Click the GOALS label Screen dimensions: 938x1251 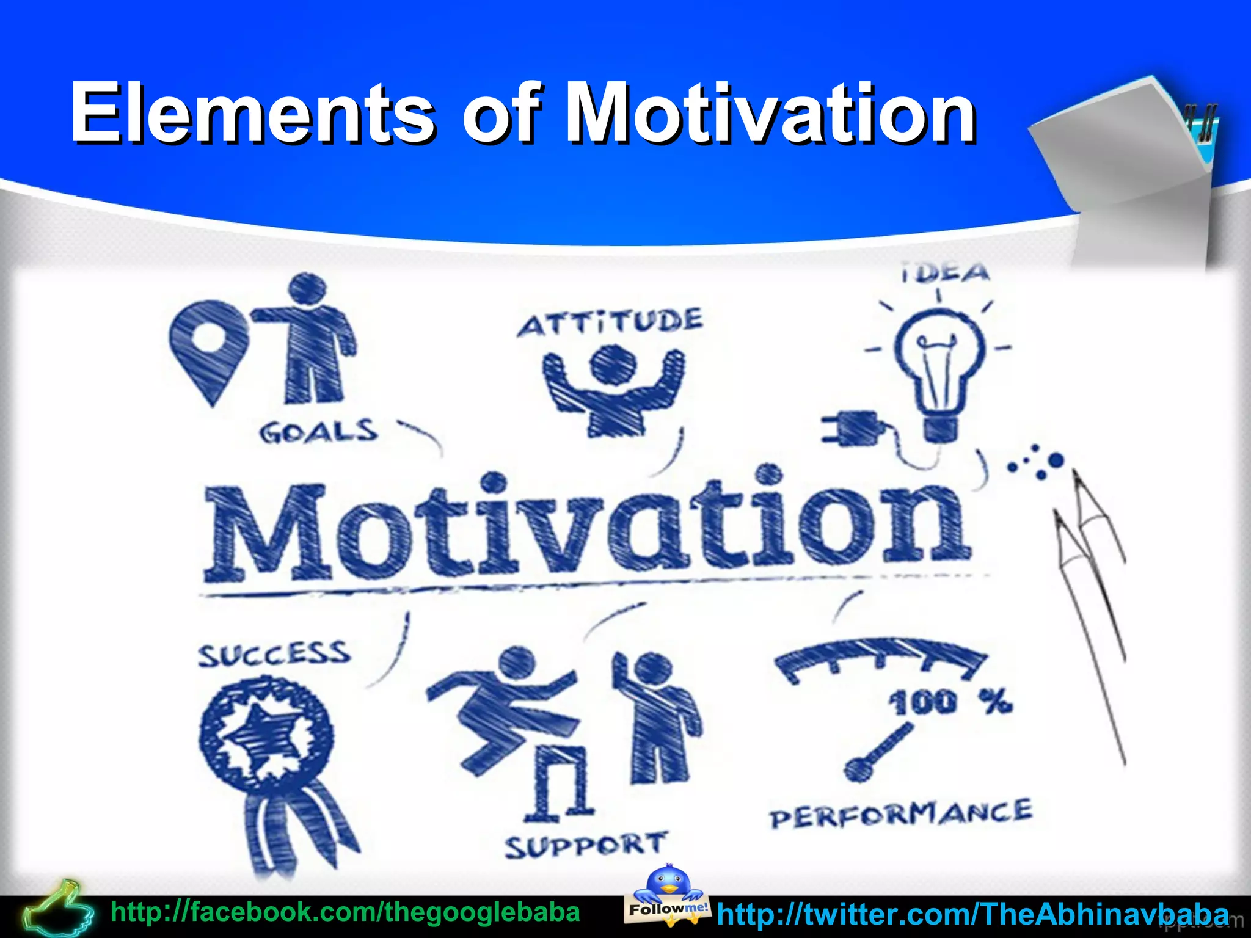coord(318,432)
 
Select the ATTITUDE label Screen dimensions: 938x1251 coord(611,322)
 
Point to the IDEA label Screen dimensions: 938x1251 coord(946,273)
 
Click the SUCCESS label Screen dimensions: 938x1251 coord(274,654)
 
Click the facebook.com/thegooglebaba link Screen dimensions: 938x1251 coord(345,912)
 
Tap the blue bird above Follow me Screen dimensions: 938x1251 coord(668,882)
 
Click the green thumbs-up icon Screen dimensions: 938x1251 coord(58,910)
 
